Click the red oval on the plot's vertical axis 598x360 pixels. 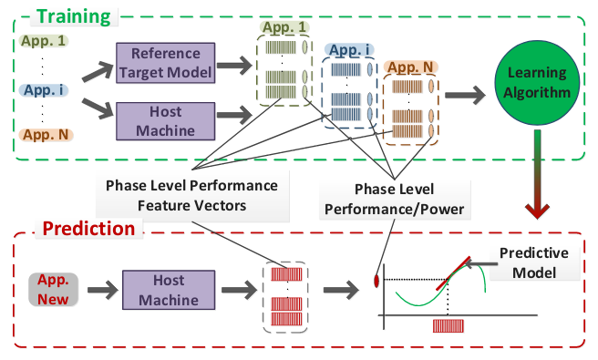[376, 277]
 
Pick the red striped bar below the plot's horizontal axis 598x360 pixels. [450, 325]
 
